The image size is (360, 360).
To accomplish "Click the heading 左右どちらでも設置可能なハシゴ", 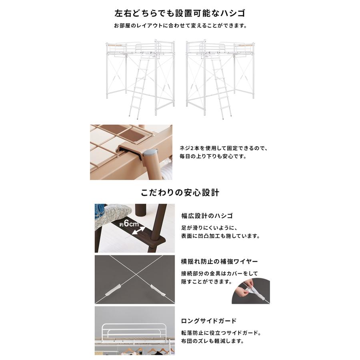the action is tap(180, 13).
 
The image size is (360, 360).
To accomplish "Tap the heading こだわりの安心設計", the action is tap(180, 193).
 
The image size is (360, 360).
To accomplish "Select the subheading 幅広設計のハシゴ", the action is tap(207, 216).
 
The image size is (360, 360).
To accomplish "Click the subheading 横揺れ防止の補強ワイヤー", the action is tap(220, 262).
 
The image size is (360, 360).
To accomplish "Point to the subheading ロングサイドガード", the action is tap(209, 321).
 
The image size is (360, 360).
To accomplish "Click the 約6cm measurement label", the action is tap(129, 224).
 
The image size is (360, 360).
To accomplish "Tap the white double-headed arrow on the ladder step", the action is tap(138, 230).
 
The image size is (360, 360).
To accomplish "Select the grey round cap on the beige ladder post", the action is tap(151, 152).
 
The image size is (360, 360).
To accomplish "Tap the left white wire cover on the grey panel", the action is tap(112, 290).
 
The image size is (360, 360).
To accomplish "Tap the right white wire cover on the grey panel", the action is tap(157, 290).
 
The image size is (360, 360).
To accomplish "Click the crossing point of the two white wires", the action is tap(136, 274).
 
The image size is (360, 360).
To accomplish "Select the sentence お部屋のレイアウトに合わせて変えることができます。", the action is tap(180, 26).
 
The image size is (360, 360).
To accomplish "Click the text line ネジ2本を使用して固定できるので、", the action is tap(223, 148).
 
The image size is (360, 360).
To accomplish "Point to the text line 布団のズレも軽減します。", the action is tap(212, 341).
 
